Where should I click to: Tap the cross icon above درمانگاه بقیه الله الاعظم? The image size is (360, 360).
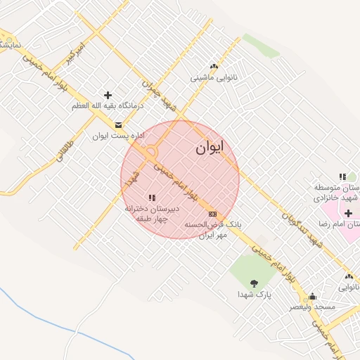point(108,95)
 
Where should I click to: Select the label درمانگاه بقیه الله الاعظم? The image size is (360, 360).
point(108,105)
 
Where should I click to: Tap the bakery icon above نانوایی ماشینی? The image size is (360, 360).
point(214,66)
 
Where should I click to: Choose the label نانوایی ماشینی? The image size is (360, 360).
point(214,77)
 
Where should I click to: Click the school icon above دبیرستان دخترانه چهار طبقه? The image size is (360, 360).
point(152,198)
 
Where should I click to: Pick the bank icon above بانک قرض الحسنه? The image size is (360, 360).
point(212,214)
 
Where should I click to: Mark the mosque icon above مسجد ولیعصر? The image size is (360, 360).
point(313,297)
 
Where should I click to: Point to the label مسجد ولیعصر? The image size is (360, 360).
point(313,307)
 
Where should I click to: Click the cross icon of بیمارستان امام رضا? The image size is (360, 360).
point(348,212)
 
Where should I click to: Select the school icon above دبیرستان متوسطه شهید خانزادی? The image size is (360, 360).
point(342,177)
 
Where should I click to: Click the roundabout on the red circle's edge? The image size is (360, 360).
point(150,152)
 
